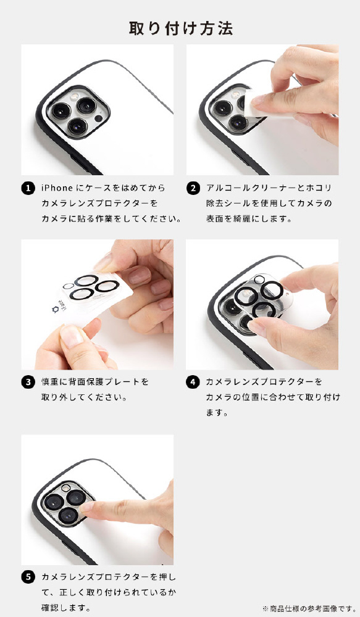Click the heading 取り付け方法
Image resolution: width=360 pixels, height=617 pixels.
pos(181,28)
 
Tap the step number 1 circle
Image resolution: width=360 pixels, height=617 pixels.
pos(28,188)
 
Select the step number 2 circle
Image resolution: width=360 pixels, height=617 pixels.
pos(193,188)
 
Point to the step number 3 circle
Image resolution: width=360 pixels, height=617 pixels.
pos(28,382)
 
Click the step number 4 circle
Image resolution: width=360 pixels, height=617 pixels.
pos(193,382)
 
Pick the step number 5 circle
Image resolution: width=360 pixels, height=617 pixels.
pos(28,578)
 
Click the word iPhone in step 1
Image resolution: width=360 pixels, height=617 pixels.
pos(57,188)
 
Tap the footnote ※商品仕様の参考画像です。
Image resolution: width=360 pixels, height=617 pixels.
pos(309,609)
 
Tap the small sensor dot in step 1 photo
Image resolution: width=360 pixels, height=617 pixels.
pos(98,118)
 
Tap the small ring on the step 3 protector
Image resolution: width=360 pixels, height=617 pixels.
pos(68,286)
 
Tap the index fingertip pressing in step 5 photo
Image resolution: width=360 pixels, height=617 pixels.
pos(87,506)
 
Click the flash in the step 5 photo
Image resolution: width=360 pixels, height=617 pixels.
pos(66,488)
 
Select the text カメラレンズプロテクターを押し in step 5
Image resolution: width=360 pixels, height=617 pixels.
pos(109,578)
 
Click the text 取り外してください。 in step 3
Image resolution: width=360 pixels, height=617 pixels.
pos(85,397)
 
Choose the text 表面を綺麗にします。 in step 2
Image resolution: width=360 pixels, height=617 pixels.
pos(249,219)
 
